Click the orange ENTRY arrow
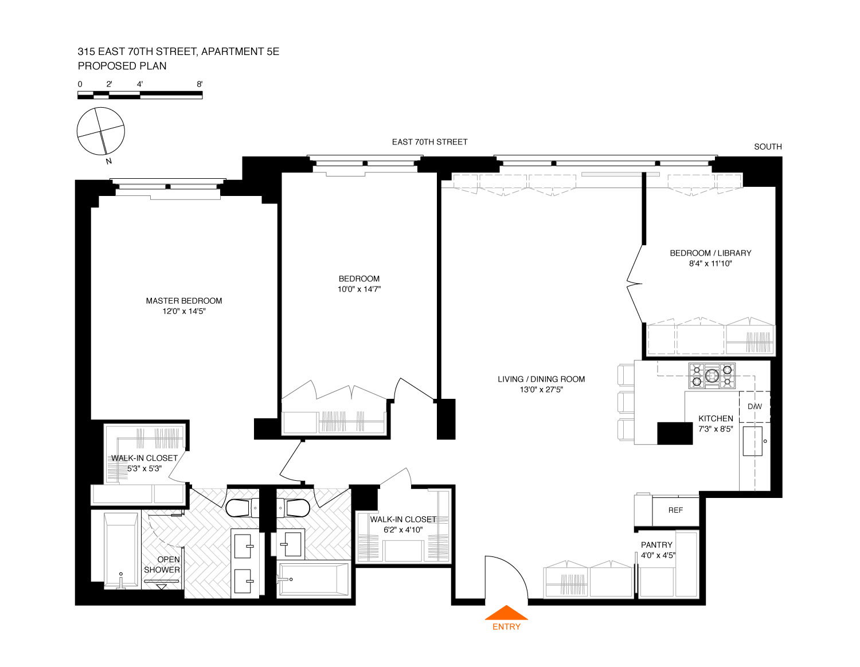click(506, 612)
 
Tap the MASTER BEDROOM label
click(184, 300)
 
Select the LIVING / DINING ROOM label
click(541, 379)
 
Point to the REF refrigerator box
click(675, 511)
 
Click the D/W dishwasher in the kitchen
click(755, 406)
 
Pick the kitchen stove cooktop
click(712, 375)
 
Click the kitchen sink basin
click(752, 441)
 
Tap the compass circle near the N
click(100, 131)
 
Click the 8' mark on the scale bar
click(200, 84)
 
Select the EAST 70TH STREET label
click(430, 142)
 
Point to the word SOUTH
click(768, 147)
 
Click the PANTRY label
click(656, 545)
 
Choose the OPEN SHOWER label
click(162, 564)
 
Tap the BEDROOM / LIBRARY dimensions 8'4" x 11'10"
click(710, 264)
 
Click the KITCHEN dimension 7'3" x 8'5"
click(716, 429)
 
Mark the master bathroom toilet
click(242, 508)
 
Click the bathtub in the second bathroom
click(313, 579)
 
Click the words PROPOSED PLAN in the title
click(122, 66)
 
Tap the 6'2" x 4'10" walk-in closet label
click(403, 530)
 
